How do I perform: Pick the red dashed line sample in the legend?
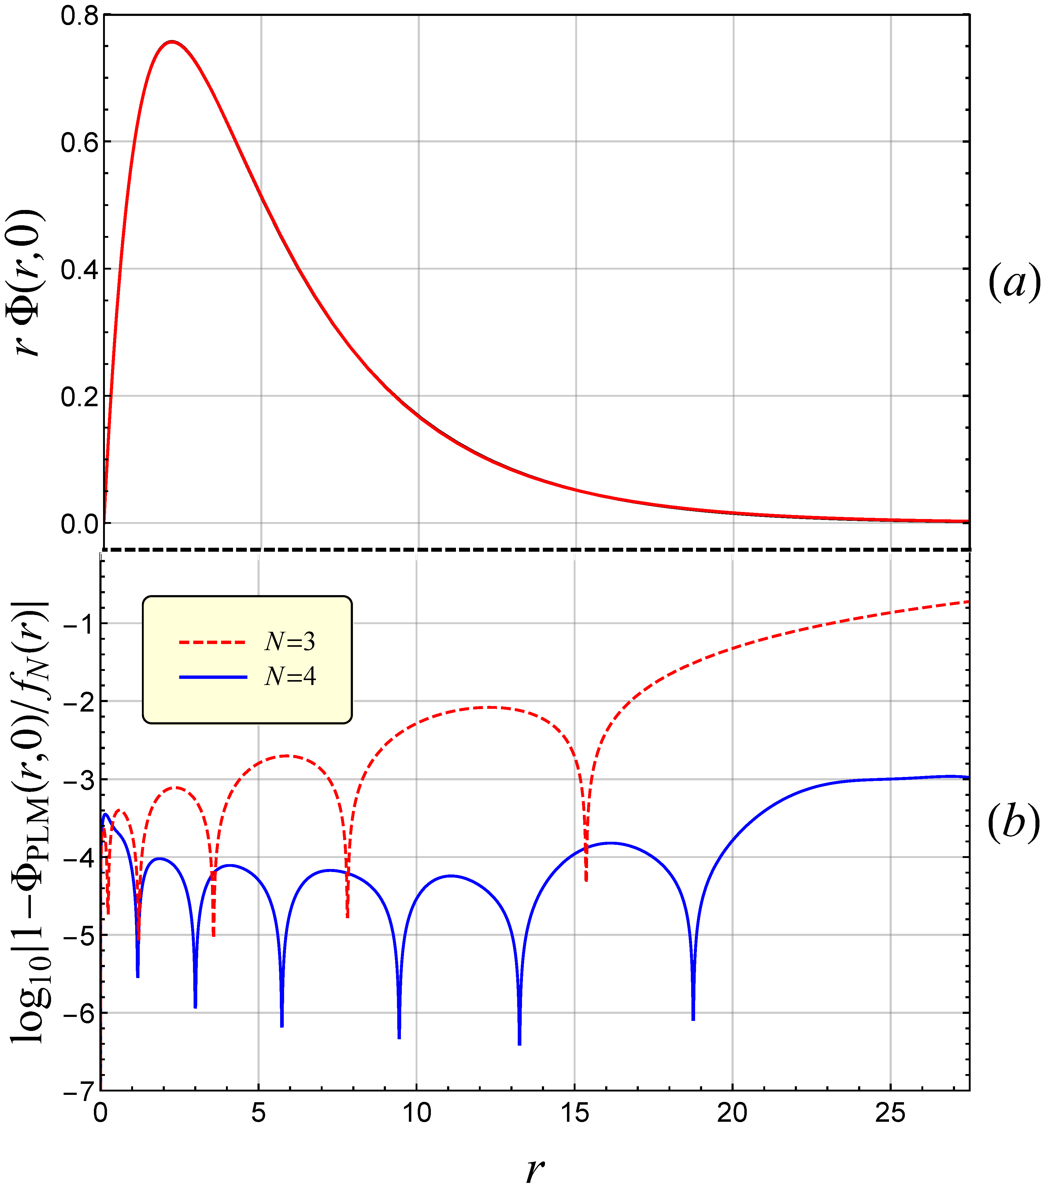click(213, 642)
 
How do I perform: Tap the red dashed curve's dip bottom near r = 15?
click(586, 880)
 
